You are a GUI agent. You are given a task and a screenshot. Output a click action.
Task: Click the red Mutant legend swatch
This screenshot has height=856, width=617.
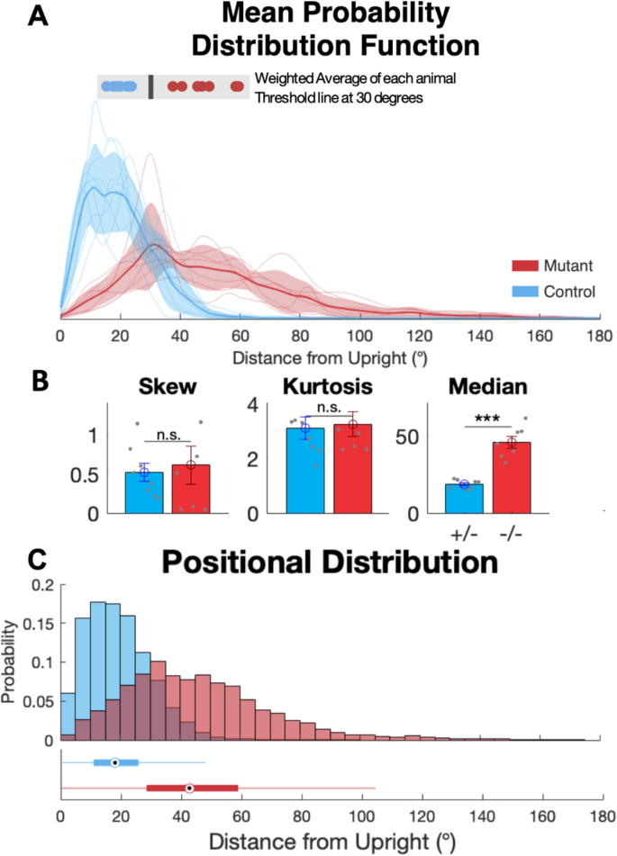pos(525,266)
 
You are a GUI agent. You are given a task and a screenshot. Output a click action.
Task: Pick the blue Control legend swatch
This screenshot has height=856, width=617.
pos(525,291)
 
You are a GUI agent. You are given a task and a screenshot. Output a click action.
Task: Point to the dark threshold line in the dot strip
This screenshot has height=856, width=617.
pos(150,86)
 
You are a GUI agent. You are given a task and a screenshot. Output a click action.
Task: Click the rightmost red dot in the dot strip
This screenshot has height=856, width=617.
pos(237,86)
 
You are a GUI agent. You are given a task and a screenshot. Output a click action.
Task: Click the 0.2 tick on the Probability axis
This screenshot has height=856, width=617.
pos(41,585)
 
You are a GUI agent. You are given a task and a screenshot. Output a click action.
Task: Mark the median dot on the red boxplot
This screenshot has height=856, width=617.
pos(189,788)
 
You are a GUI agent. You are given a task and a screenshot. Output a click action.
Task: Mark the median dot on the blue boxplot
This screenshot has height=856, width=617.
pos(114,762)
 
